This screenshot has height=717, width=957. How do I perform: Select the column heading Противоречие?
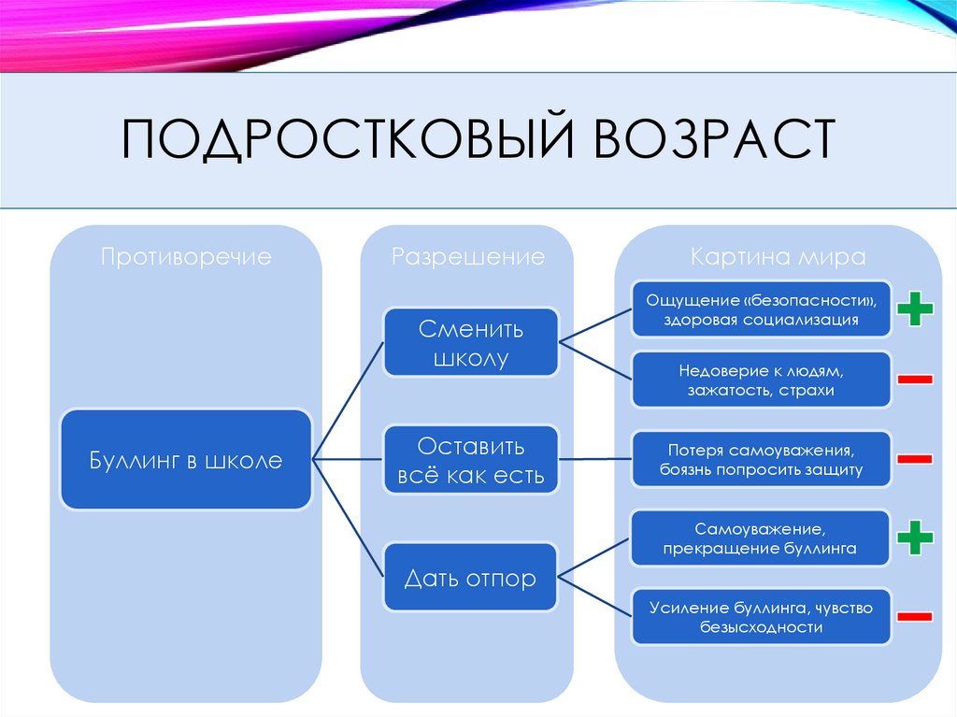pos(186,257)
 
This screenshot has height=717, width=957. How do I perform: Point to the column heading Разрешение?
pos(467,257)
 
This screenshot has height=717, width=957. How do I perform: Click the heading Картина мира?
pos(778,257)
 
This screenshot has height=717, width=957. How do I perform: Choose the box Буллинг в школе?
pos(186,459)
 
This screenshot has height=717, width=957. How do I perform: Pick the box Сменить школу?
pos(471,343)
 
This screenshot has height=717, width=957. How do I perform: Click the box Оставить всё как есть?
pos(471,460)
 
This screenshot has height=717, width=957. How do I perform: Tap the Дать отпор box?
pos(471,578)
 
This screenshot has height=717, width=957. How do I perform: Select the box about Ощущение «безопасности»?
pos(761,309)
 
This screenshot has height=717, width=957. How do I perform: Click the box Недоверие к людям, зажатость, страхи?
pos(761,379)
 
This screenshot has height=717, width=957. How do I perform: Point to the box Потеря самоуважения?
pos(761,458)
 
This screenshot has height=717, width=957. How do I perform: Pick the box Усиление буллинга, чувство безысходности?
pos(761,617)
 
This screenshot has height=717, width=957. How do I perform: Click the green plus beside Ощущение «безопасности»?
pos(915,308)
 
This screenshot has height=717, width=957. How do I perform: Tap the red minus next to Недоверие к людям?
pos(915,379)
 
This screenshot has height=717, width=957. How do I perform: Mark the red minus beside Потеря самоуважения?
pos(915,459)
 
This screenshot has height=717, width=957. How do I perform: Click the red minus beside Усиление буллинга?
pos(915,617)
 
